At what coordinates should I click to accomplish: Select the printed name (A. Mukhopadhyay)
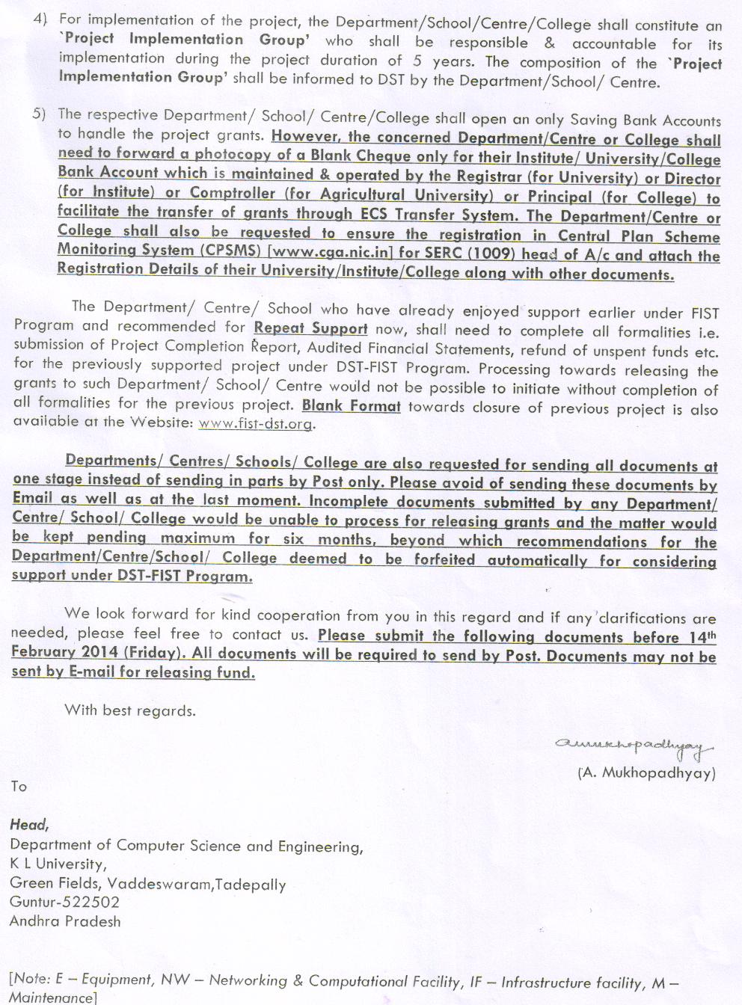646,772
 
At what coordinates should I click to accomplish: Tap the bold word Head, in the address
29,824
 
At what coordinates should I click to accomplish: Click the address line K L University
57,864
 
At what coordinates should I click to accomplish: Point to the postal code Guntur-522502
64,902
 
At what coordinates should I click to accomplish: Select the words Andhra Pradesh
65,921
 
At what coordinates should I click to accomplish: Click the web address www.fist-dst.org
256,423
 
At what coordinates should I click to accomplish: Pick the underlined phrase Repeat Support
310,328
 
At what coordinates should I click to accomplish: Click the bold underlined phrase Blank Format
351,406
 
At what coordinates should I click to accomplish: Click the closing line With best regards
130,710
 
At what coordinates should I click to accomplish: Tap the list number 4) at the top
40,18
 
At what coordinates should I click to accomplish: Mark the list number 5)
39,114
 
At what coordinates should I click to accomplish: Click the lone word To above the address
19,786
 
